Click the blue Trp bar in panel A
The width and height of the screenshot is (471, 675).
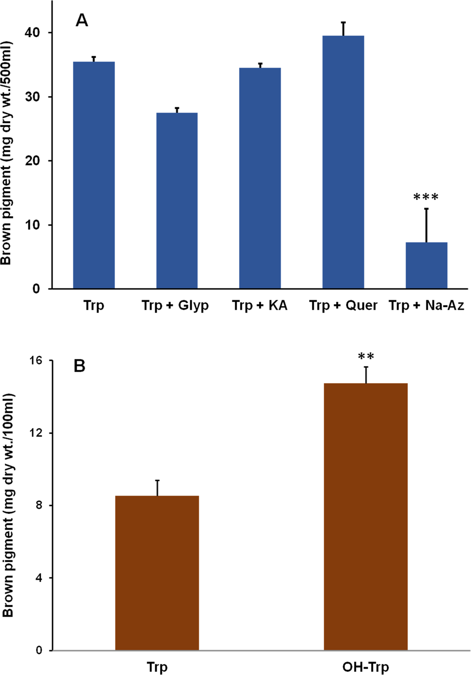94,175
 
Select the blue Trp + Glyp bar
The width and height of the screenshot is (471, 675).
177,201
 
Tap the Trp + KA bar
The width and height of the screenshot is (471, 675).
260,178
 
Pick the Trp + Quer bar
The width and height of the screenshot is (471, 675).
343,162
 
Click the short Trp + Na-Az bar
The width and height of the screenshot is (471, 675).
427,265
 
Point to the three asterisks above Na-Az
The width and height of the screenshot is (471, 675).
426,197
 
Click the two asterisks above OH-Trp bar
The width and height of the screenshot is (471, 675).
366,357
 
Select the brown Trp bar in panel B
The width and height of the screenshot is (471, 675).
157,573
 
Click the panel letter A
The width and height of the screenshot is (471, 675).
82,21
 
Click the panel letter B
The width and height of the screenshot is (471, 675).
80,366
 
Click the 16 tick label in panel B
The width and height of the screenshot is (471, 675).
36,360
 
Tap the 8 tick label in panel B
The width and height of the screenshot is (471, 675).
39,505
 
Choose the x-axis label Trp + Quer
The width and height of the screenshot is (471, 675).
343,306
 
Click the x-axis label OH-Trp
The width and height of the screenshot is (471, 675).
366,667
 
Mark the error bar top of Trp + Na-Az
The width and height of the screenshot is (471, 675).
427,209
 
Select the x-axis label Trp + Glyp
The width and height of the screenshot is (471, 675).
175,306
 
